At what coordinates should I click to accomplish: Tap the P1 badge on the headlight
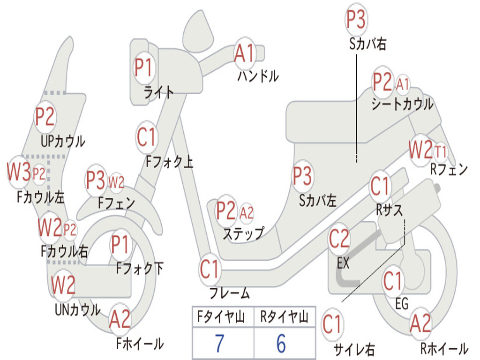point(144,68)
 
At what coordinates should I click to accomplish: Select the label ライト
point(159,92)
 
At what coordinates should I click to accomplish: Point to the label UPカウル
point(63,141)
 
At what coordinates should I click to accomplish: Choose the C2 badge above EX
point(339,240)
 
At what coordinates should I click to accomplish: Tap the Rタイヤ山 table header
point(284,318)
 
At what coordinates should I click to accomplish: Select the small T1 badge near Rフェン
point(441,152)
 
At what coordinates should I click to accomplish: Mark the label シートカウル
point(402,104)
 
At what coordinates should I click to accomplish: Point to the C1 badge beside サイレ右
point(332,325)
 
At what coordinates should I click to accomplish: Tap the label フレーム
point(229,294)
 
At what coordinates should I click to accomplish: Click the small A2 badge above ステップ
point(247,213)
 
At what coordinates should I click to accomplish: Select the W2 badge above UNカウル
point(63,285)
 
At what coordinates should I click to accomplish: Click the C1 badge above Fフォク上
point(146,137)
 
